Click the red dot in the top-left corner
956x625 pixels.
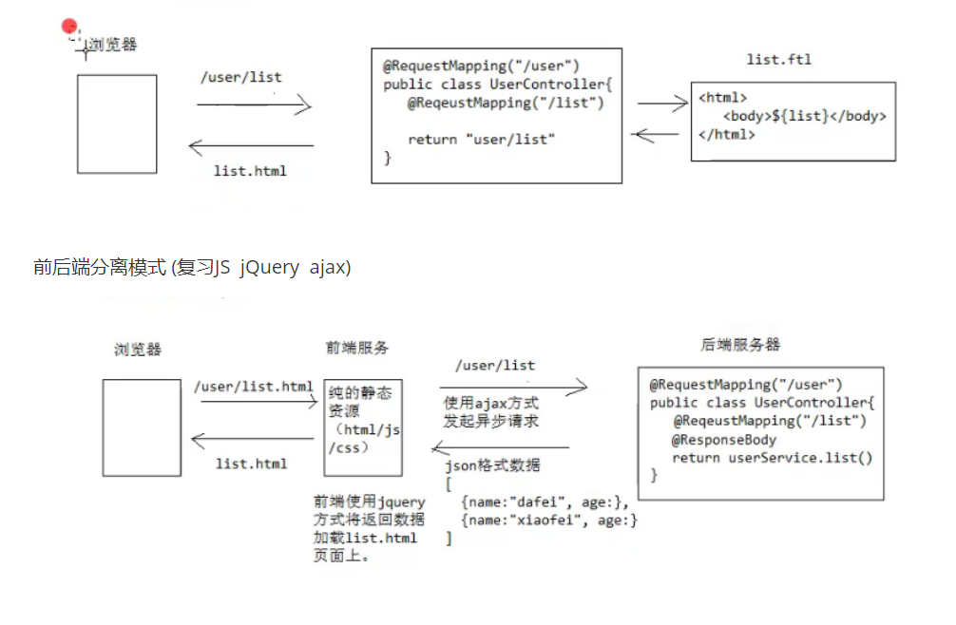point(68,27)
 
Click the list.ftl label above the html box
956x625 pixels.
point(778,60)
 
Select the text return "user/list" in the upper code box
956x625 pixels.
point(481,140)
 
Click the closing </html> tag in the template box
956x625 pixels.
point(727,134)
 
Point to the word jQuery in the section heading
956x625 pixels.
point(269,268)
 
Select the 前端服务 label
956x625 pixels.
point(357,348)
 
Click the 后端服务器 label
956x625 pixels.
point(740,344)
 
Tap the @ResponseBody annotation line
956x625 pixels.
point(724,440)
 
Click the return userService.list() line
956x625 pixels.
point(772,458)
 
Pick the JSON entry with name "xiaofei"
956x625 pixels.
point(548,520)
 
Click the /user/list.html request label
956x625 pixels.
point(253,387)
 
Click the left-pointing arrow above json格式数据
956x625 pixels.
point(501,447)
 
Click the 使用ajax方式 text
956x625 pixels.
point(490,403)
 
